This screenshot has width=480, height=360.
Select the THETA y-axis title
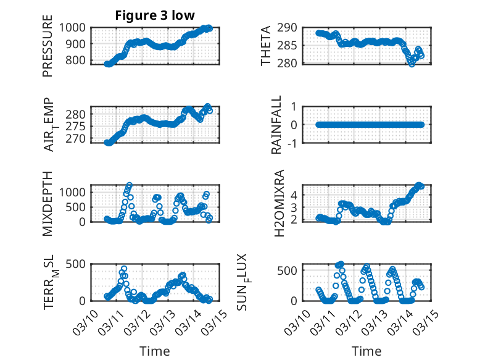tap(266, 46)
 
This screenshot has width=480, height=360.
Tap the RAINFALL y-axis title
tap(277, 125)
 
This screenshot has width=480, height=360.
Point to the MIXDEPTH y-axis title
tap(48, 203)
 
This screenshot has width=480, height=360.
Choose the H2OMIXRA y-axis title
tap(279, 203)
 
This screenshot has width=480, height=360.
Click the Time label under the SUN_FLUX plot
tap(366, 351)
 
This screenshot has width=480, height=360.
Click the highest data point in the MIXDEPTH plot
tap(130, 185)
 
